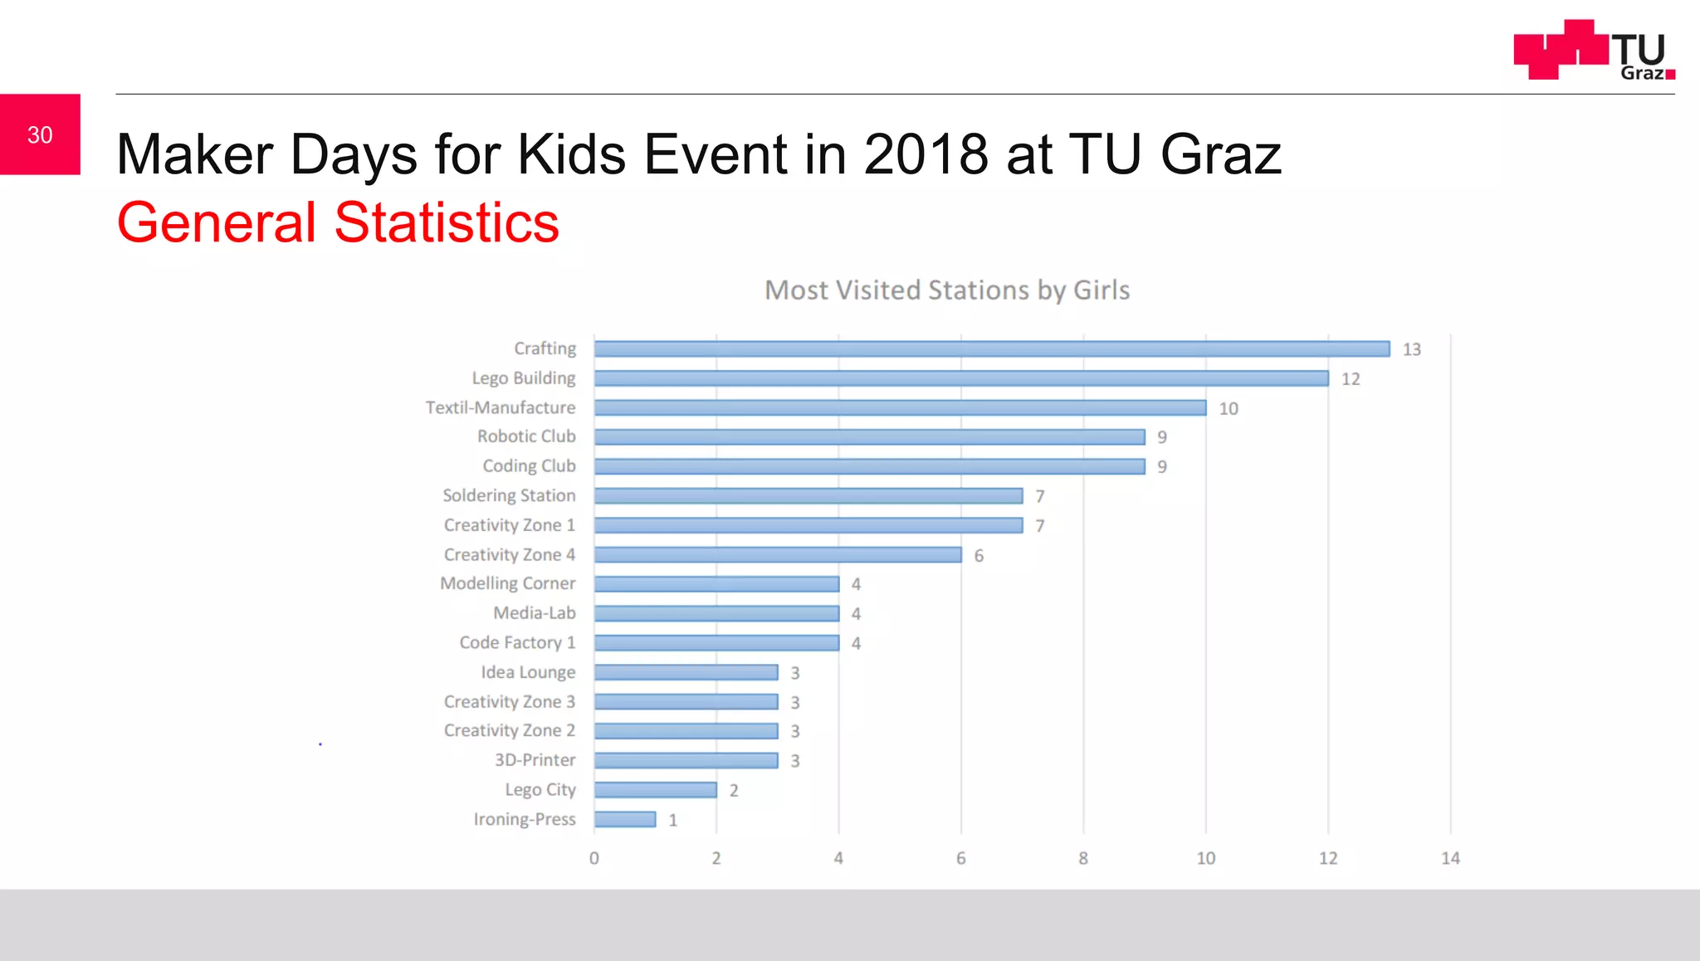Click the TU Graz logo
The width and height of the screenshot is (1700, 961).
(x=1593, y=51)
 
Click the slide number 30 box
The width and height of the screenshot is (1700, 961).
(x=40, y=134)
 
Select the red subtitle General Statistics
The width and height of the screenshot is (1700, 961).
(x=338, y=222)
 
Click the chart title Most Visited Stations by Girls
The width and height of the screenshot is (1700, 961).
(x=946, y=290)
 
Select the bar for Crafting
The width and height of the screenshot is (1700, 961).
(x=991, y=349)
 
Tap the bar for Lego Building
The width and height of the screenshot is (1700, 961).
(x=960, y=378)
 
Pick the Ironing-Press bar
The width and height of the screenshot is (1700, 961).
(x=625, y=819)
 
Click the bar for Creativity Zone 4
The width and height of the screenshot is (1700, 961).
(x=778, y=554)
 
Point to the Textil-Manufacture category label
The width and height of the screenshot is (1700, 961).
(x=501, y=407)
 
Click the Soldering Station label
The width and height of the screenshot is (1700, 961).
(x=509, y=495)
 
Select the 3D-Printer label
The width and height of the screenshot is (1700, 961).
(x=535, y=760)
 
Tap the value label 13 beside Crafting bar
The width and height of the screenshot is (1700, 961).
(x=1411, y=349)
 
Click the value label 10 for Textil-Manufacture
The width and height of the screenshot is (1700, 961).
(x=1228, y=408)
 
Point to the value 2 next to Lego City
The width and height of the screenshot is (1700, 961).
(x=734, y=790)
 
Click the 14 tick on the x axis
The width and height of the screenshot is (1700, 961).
(x=1449, y=858)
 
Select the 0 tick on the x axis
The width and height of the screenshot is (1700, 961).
(x=594, y=858)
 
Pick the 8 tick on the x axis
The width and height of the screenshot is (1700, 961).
(x=1082, y=858)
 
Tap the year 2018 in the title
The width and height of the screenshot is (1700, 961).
(x=926, y=154)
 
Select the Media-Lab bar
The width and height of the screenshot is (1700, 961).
(x=716, y=613)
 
